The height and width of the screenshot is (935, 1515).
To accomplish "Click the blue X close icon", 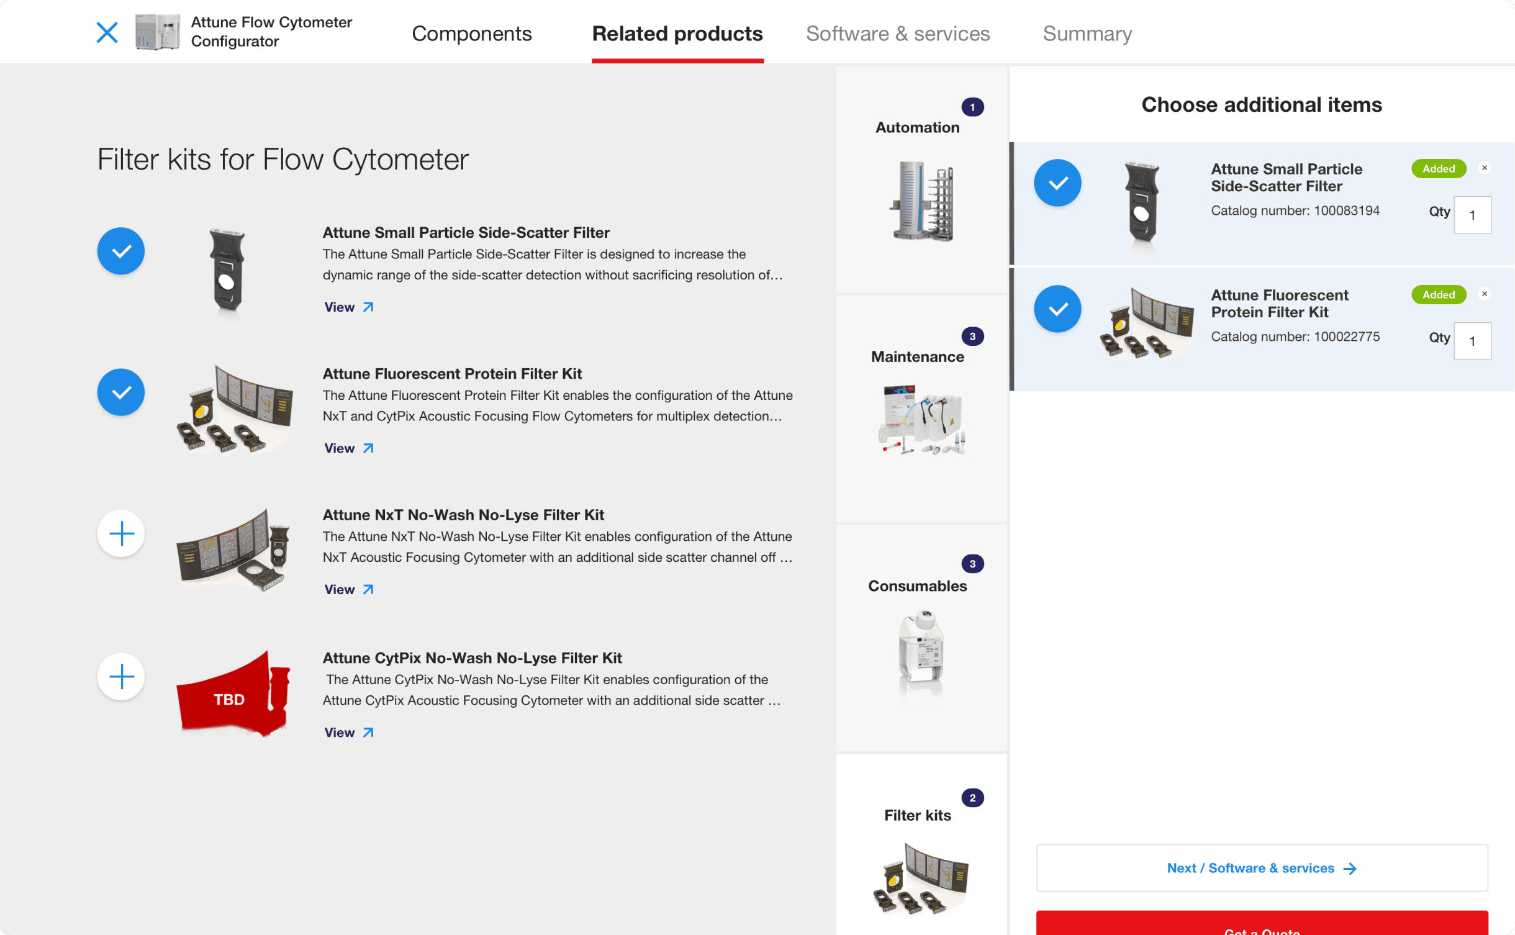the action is coord(107,32).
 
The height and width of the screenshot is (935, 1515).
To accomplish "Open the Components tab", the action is coord(472,34).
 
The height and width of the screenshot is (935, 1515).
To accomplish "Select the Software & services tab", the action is coord(898,34).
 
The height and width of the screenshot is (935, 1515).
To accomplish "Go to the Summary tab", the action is coord(1087,34).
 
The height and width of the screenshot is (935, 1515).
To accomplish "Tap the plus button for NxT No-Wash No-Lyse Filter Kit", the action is coord(121,533).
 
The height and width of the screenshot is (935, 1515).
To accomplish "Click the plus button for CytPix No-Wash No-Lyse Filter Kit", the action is coord(121,676).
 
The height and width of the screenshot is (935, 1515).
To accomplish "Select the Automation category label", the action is coord(918,127).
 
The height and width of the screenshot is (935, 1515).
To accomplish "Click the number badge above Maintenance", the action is coord(972,337).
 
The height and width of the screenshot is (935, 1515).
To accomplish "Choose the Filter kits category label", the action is coord(918,815).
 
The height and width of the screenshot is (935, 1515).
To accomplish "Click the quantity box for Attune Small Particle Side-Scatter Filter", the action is coord(1472,215).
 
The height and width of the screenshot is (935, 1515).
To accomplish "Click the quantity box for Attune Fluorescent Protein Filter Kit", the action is coord(1472,341).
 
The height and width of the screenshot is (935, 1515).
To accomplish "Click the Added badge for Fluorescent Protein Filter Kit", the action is coord(1439,294).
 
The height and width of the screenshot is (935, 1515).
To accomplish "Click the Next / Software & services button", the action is coord(1262,868).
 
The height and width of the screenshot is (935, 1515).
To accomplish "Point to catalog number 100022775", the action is coord(1295,337).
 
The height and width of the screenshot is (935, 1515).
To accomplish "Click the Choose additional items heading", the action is coord(1262,104).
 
